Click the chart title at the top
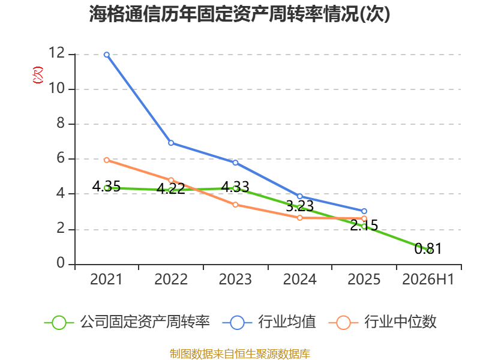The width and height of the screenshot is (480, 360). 239,14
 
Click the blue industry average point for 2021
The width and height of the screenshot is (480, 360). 107,55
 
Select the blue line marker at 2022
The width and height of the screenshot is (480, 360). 171,143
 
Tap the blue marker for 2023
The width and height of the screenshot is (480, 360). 235,163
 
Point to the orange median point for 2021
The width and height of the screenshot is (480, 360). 107,160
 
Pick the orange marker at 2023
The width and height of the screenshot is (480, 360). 235,205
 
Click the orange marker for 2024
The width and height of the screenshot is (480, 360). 300,218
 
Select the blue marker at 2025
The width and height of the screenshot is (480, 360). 364,211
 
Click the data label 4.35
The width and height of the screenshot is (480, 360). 106,187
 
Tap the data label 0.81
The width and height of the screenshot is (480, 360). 428,248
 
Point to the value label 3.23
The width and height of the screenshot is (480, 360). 299,206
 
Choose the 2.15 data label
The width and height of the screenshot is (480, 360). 364,226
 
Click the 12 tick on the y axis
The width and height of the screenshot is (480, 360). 57,53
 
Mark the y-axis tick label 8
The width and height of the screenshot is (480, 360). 61,123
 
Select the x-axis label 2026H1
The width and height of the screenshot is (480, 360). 428,279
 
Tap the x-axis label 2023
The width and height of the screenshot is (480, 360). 235,279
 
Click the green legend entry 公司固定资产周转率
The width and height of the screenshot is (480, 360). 127,322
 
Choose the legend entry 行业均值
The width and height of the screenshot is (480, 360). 269,322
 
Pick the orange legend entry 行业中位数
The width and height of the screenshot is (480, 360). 382,322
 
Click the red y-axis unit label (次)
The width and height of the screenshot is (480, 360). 38,75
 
